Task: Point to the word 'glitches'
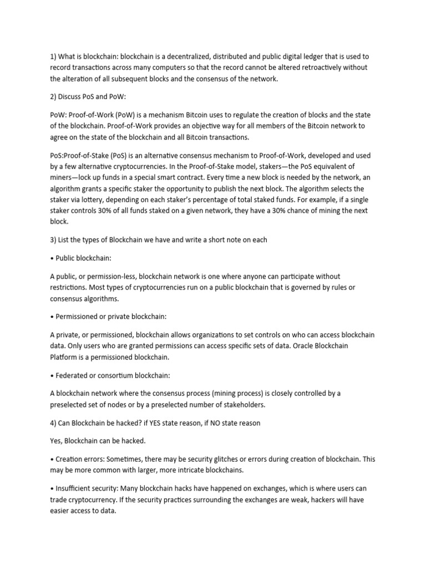[230, 459]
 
